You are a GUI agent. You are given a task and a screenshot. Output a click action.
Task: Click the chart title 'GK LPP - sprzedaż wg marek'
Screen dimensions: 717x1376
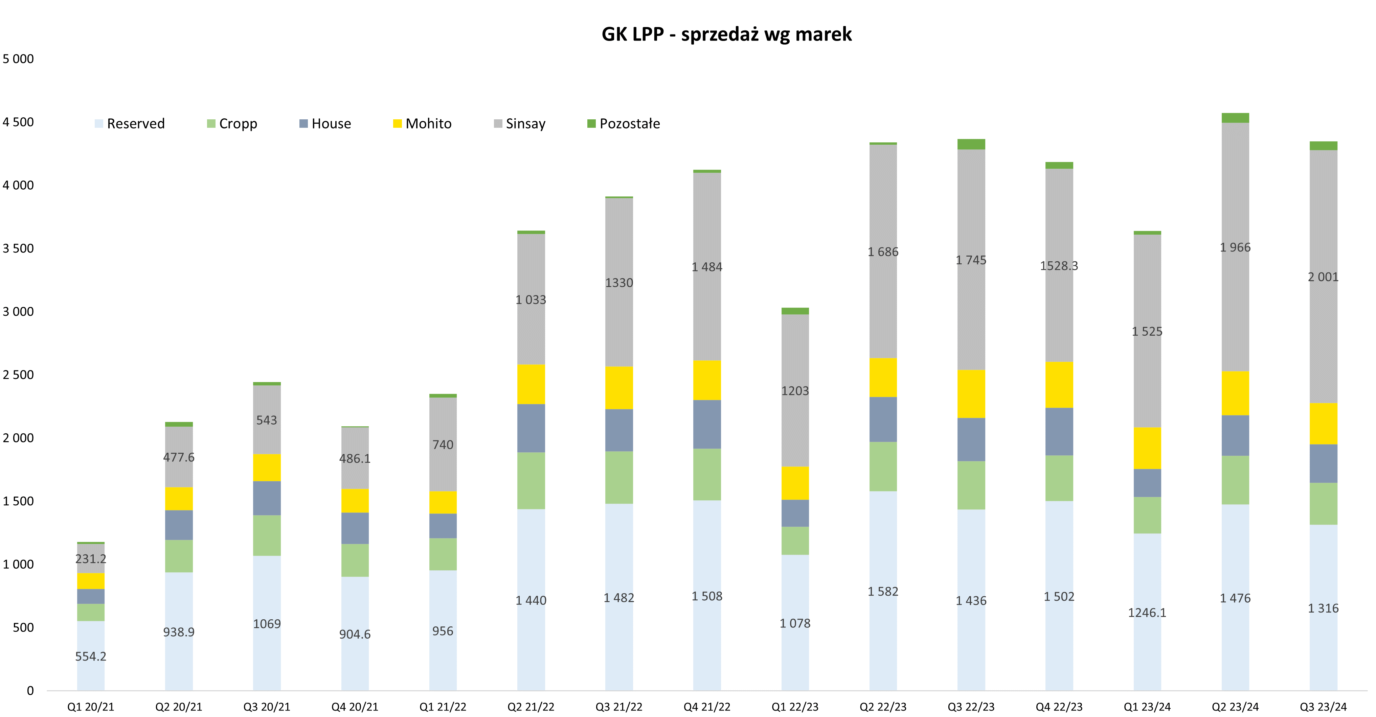coord(726,34)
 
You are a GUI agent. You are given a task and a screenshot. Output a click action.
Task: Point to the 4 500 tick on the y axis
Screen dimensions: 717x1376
coord(18,122)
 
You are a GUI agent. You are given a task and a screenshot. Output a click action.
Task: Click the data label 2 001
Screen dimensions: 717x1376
coord(1323,277)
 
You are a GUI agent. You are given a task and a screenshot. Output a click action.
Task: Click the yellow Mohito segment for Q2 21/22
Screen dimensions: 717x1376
coord(531,384)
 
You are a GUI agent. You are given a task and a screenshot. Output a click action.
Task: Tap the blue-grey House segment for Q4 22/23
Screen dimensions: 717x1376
coord(1059,431)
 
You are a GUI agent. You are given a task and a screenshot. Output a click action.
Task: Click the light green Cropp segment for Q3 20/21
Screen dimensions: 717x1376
coord(267,535)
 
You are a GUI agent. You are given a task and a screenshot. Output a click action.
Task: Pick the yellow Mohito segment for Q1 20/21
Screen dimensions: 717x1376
coord(91,581)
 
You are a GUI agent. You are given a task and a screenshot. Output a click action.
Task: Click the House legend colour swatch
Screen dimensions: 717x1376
coord(303,124)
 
